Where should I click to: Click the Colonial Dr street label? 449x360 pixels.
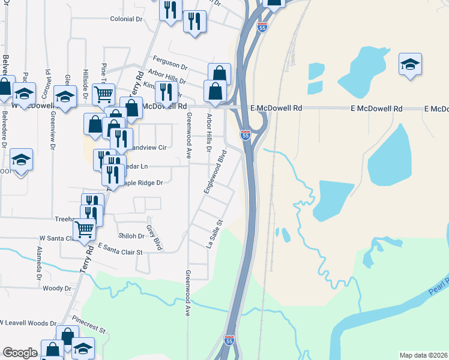[x=126, y=19]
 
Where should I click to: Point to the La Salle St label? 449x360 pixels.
[x=214, y=233]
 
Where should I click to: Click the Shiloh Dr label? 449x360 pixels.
[x=132, y=236]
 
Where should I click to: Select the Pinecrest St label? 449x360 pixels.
[x=88, y=327]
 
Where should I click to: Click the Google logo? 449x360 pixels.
[x=20, y=353]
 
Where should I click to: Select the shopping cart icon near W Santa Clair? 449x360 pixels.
[x=84, y=227]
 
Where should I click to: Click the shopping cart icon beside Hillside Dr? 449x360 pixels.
[x=103, y=93]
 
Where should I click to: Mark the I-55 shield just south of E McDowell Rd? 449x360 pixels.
[x=246, y=135]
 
